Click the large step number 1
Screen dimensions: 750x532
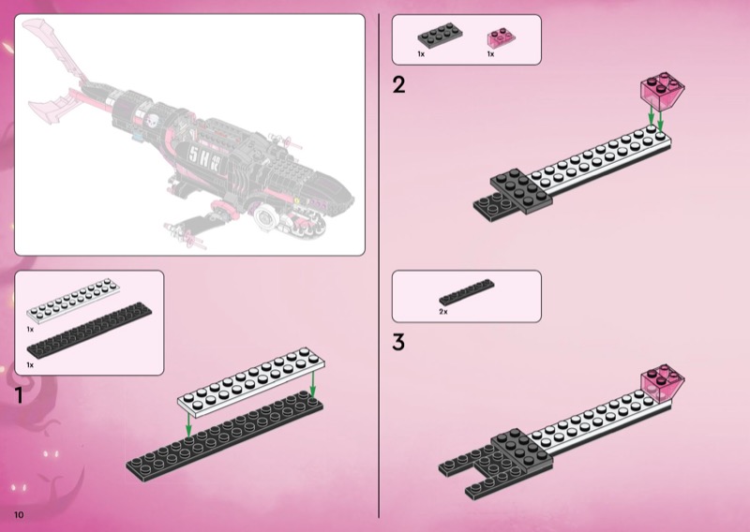(19, 395)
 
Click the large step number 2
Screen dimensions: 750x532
(399, 85)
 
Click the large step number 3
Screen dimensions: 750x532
(398, 342)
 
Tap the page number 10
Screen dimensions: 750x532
(19, 515)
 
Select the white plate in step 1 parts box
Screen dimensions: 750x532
(73, 302)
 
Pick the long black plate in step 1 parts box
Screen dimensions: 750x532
(89, 331)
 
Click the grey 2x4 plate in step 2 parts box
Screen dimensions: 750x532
(440, 36)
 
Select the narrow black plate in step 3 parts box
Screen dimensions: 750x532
(467, 292)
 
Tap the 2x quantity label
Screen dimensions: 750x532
(443, 312)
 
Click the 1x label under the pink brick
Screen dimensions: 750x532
(490, 54)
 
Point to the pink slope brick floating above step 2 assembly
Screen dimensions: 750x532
(663, 92)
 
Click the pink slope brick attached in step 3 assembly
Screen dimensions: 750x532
(663, 383)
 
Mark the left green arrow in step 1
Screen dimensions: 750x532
(189, 425)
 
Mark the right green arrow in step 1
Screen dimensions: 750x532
(313, 384)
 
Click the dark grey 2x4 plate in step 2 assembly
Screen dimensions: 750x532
(521, 191)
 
